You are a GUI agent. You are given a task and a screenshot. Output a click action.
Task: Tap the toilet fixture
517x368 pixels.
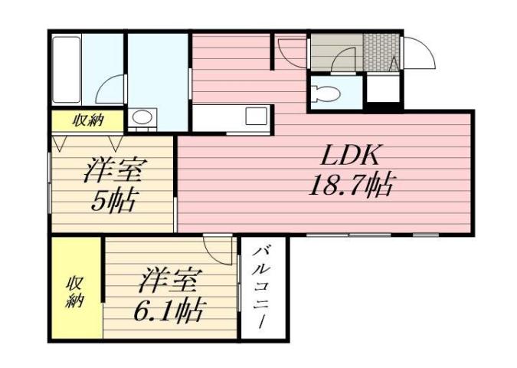point(325,95)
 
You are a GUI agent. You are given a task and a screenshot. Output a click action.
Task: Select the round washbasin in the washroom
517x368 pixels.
point(142,118)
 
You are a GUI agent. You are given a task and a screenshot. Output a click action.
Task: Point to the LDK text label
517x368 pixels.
point(350,156)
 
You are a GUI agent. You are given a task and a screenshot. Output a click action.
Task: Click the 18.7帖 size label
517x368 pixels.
point(350,184)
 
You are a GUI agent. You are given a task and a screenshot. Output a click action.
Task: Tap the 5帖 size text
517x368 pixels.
point(113,201)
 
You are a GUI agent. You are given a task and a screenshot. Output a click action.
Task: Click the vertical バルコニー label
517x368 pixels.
point(263,288)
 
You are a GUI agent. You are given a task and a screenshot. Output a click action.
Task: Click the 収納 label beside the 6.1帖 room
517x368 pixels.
point(74,291)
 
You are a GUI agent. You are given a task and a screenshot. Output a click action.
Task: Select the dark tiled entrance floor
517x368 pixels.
point(378,52)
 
